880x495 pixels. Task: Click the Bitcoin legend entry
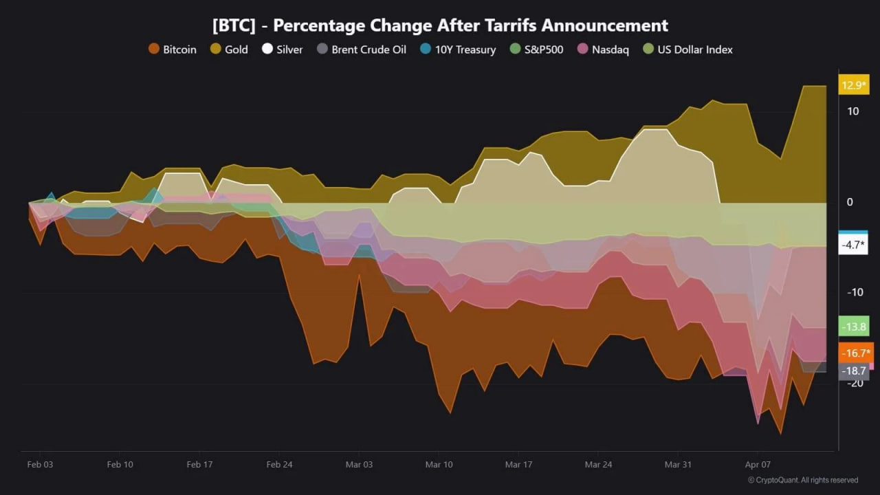click(x=173, y=49)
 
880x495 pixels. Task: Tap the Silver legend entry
click(x=283, y=49)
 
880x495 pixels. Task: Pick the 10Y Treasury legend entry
click(x=458, y=49)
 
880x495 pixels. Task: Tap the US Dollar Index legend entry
click(x=688, y=49)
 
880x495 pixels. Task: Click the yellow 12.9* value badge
click(x=853, y=85)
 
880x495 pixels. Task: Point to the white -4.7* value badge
click(x=853, y=245)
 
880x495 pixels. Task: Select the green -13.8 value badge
click(x=853, y=327)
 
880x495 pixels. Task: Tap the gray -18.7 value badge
click(x=853, y=371)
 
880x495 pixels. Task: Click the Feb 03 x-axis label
click(x=40, y=465)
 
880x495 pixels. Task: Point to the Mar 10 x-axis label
click(x=439, y=465)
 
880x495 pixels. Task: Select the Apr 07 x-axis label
click(x=758, y=465)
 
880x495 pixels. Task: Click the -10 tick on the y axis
click(x=855, y=293)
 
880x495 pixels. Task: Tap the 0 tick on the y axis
click(x=850, y=202)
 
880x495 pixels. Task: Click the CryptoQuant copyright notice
click(x=803, y=480)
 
